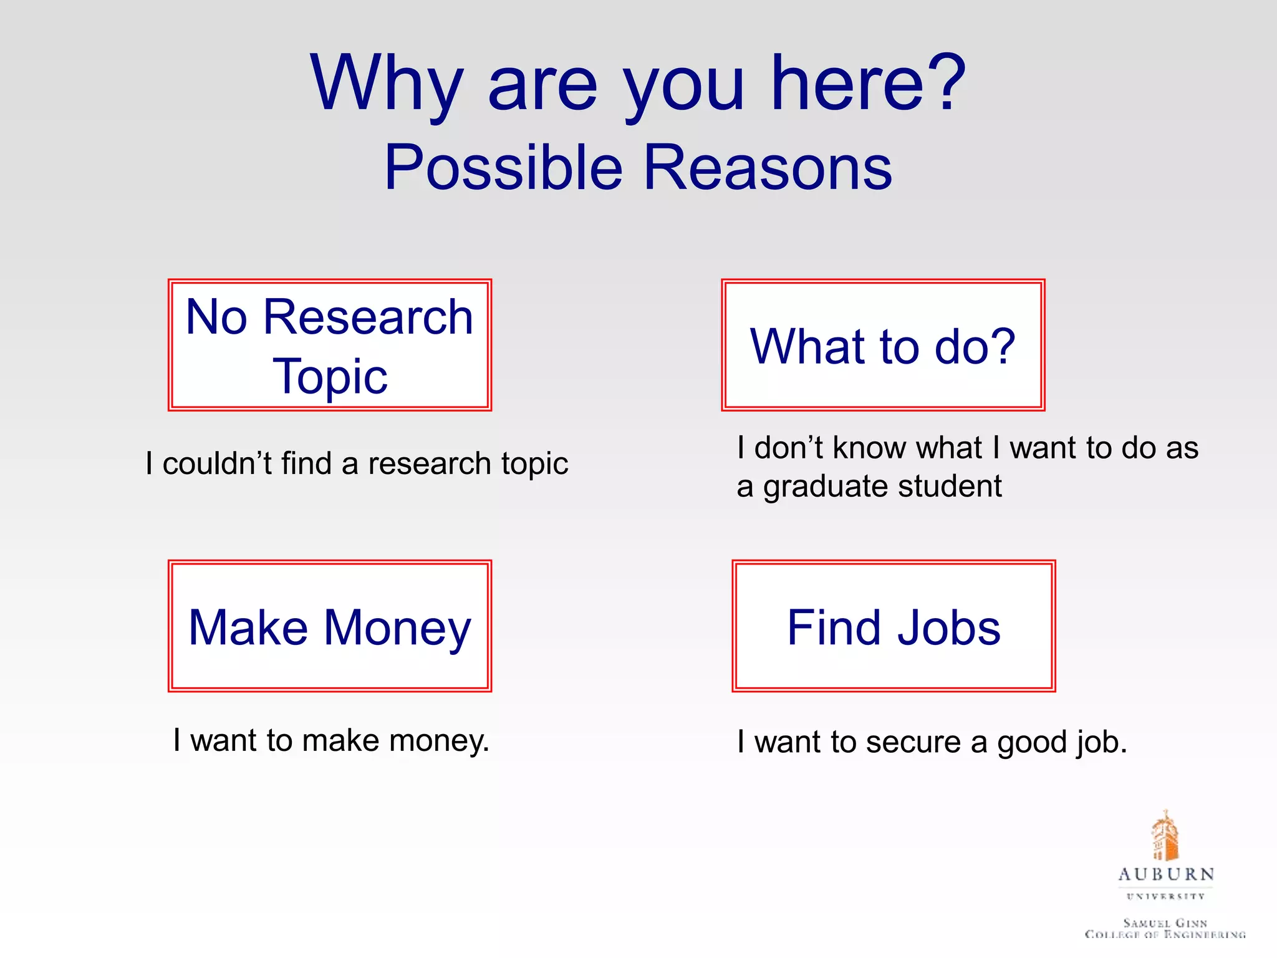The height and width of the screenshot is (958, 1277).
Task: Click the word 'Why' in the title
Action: pyautogui.click(x=387, y=84)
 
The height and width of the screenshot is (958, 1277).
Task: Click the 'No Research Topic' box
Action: pyautogui.click(x=330, y=345)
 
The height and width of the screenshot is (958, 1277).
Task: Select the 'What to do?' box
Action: pyautogui.click(x=883, y=345)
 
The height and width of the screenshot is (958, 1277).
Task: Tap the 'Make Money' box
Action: pyautogui.click(x=330, y=626)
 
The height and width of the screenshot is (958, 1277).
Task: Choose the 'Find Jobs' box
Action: pyautogui.click(x=894, y=626)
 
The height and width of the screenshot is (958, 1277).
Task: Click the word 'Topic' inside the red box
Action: pyautogui.click(x=330, y=376)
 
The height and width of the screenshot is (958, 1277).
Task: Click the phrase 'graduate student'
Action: pyautogui.click(x=882, y=486)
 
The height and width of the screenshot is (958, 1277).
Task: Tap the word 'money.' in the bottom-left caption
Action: pyautogui.click(x=439, y=741)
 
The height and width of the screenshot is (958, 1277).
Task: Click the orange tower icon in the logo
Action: pyautogui.click(x=1165, y=836)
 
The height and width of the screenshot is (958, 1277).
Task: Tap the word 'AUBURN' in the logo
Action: pyautogui.click(x=1166, y=874)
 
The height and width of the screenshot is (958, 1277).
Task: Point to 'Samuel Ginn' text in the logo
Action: pyautogui.click(x=1165, y=922)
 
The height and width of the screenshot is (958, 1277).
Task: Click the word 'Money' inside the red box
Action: pyautogui.click(x=397, y=627)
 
